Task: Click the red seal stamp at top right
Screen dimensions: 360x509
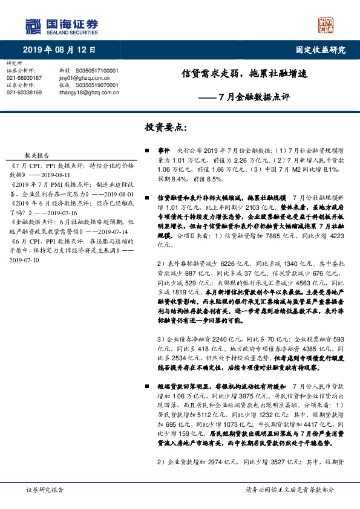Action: coord(326,25)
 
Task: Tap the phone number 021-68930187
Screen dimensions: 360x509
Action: coord(24,78)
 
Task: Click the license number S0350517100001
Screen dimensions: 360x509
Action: coord(99,71)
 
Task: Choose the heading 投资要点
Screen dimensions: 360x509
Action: coord(166,128)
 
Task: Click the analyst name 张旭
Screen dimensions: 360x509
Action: coord(66,85)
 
